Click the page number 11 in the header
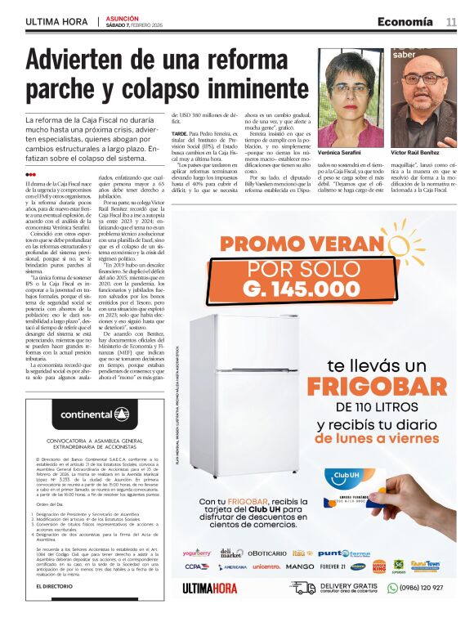coord(451,22)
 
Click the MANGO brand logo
coord(300,566)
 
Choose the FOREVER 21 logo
coord(332,566)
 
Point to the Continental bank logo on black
coord(94,415)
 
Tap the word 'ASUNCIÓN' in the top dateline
coord(122,17)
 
